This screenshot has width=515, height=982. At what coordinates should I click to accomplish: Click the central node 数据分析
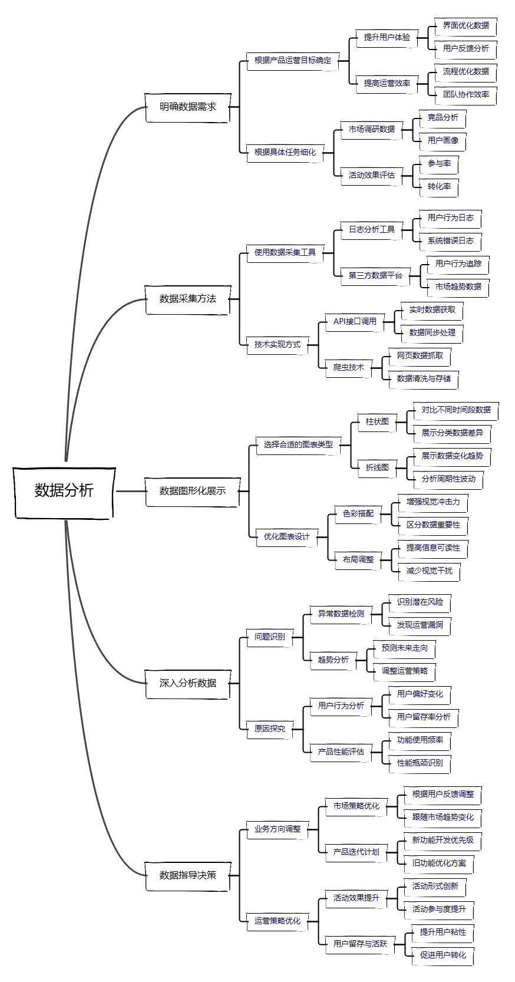point(64,491)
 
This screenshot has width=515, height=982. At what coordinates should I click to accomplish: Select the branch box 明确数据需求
point(188,107)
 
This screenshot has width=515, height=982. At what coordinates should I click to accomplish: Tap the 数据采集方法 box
point(188,299)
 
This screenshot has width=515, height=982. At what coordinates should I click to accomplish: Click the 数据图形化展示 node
point(192,491)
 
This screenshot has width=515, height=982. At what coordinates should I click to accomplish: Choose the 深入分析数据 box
point(188,683)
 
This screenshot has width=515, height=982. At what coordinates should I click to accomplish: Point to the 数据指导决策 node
point(188,875)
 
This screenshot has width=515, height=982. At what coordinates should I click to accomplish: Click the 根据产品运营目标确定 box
point(293,60)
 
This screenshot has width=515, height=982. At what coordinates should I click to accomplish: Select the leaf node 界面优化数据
point(466,26)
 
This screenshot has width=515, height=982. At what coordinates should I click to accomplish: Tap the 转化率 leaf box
point(439,186)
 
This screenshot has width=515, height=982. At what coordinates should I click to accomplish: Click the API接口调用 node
point(355,321)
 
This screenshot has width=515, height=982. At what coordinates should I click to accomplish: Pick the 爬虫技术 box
point(349,367)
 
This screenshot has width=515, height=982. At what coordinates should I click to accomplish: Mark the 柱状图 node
point(377,421)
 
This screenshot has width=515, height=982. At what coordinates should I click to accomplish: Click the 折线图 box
point(377,467)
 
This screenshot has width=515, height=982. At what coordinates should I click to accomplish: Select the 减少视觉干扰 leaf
point(429,571)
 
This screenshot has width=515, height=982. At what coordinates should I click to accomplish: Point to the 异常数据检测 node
point(341,614)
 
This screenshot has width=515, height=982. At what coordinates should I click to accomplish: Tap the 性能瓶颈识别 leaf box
point(420,763)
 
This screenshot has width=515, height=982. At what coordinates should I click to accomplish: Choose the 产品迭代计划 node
point(356,852)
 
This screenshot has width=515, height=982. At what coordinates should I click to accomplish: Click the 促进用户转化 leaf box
point(443,955)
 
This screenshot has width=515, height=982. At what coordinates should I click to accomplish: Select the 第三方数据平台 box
point(375,275)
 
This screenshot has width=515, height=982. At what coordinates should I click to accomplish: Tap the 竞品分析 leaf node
point(443,117)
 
